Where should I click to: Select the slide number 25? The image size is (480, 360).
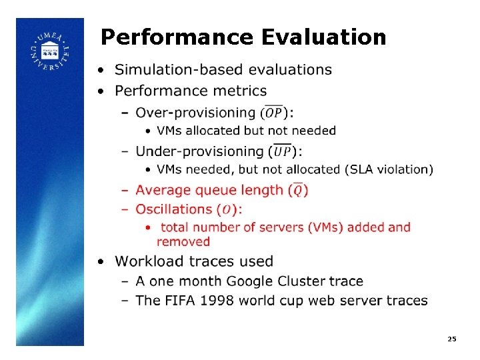(451, 339)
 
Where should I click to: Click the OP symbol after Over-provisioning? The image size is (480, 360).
(273, 113)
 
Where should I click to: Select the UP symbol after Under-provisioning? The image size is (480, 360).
(282, 151)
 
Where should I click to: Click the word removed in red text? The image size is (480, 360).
(183, 241)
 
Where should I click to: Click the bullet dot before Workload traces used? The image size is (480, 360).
(100, 261)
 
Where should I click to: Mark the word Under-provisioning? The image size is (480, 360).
(199, 151)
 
